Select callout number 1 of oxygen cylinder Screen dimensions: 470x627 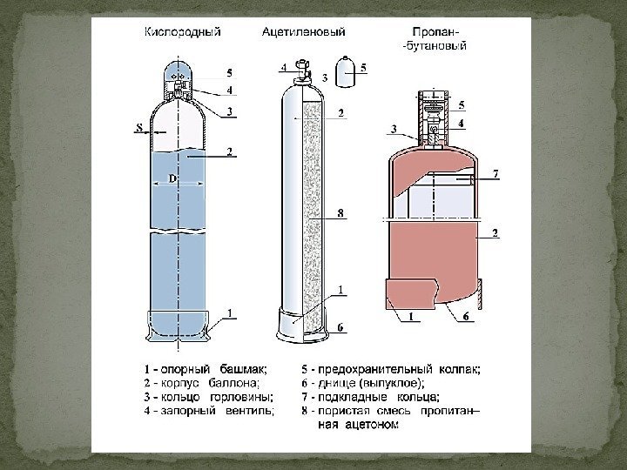click(x=228, y=312)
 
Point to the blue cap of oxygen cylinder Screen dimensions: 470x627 click(x=179, y=73)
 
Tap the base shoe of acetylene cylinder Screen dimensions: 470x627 click(x=301, y=323)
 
